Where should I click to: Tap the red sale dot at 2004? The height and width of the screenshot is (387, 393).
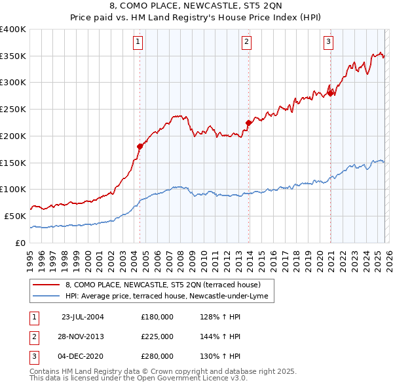tap(140, 146)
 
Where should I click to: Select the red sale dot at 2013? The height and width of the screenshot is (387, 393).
tap(248, 122)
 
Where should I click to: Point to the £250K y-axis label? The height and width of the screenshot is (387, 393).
tap(13, 109)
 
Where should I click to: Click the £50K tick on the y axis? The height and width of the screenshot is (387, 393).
tap(16, 216)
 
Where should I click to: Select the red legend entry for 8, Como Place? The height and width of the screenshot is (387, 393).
tap(163, 285)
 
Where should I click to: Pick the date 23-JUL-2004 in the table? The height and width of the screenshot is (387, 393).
tap(83, 317)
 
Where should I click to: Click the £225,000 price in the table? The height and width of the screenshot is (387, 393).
tap(157, 336)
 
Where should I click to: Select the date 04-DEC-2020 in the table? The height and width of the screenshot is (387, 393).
tap(83, 356)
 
